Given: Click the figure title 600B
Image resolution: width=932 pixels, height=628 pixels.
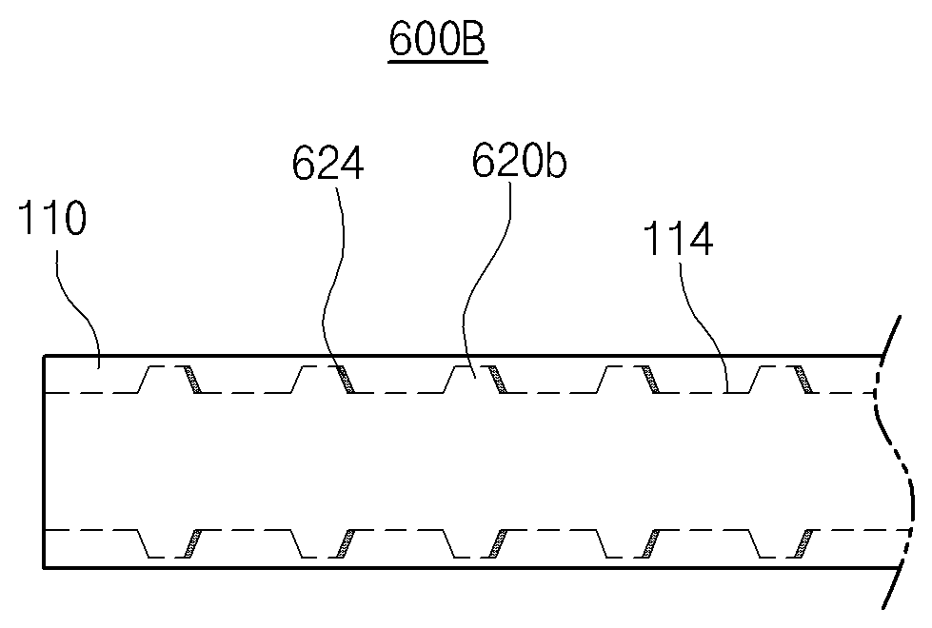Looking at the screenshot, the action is click(x=438, y=39).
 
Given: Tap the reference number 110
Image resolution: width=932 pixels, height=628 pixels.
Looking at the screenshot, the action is click(x=52, y=218).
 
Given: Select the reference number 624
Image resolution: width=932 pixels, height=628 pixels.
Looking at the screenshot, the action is click(x=327, y=164).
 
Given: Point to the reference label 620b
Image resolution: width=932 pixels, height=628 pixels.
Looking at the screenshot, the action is click(x=519, y=161).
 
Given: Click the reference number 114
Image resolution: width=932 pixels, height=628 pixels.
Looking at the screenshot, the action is click(x=678, y=239).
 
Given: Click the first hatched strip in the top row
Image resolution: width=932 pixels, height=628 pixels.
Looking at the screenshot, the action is click(x=192, y=380).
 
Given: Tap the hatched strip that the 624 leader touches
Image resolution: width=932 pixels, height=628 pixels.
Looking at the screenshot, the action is click(x=346, y=380).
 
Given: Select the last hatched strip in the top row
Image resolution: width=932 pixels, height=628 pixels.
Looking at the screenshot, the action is click(x=803, y=380).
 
